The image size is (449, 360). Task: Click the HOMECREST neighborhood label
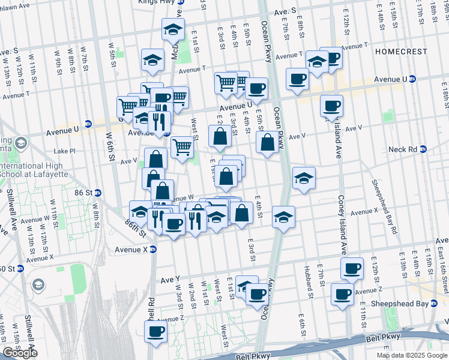point(402,52)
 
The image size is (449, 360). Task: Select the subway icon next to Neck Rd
point(423,149)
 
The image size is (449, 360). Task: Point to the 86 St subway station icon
point(98,193)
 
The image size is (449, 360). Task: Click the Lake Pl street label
point(64,151)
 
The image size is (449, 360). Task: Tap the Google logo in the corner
point(20,353)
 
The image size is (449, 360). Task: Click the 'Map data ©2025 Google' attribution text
point(411,355)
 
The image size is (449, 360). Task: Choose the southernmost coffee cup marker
point(155,331)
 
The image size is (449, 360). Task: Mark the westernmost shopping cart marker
point(127,107)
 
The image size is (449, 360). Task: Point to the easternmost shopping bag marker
point(268,143)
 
